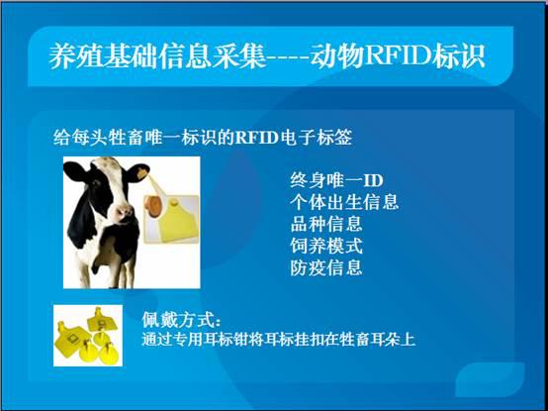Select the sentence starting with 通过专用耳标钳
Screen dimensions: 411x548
(x=278, y=339)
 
